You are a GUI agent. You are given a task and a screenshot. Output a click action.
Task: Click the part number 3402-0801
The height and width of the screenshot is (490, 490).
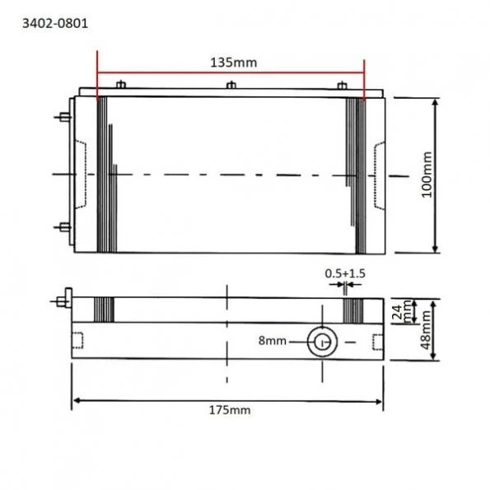(x=54, y=24)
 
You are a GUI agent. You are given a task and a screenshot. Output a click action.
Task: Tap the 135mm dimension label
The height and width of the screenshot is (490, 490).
(x=230, y=61)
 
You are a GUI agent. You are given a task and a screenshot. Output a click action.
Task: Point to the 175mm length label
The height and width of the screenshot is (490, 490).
(x=229, y=410)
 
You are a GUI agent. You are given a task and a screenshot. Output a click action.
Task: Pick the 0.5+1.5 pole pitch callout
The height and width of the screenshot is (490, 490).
(x=345, y=273)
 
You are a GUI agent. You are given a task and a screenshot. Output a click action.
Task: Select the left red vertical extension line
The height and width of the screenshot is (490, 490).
(x=97, y=74)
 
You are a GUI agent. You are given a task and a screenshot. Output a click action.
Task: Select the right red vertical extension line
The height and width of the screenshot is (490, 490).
(x=363, y=74)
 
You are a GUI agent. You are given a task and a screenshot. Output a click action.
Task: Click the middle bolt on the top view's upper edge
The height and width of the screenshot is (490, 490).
(x=231, y=85)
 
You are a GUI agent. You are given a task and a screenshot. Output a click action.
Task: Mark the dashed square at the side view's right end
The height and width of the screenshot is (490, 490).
(x=377, y=341)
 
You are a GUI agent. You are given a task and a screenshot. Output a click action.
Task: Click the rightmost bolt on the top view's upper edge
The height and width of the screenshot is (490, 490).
(x=343, y=85)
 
